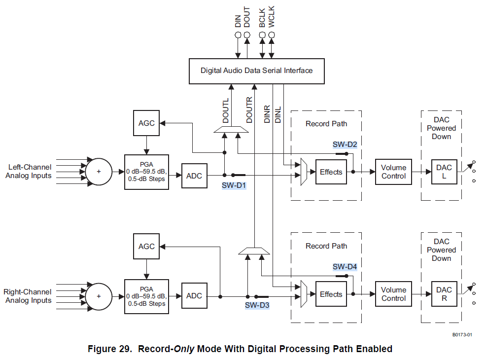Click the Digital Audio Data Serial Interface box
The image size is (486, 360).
[x=256, y=71]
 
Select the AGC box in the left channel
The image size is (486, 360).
[x=146, y=123]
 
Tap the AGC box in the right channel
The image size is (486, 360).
[x=146, y=246]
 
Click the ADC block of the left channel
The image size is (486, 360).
[x=194, y=176]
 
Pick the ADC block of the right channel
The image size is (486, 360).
[x=194, y=296]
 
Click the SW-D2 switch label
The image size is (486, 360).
[x=345, y=144]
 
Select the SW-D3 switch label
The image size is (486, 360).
[x=257, y=305]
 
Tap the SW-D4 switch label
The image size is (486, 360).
[x=345, y=267]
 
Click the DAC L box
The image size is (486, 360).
[x=444, y=172]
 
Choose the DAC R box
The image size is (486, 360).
[x=444, y=294]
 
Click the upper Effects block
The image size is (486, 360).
[x=331, y=172]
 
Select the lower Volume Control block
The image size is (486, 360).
[x=393, y=294]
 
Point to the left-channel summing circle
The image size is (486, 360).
[x=99, y=172]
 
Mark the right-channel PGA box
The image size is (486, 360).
[x=146, y=296]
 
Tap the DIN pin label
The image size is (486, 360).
[x=238, y=21]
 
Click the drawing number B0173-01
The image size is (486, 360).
[x=462, y=335]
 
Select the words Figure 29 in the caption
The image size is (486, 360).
[x=110, y=349]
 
